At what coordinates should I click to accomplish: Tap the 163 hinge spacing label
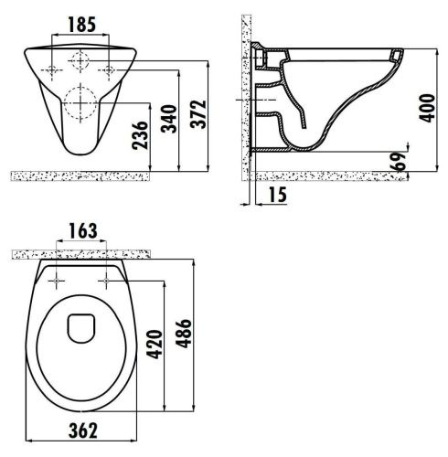(83, 231)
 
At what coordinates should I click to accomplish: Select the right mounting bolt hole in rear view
(110, 69)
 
